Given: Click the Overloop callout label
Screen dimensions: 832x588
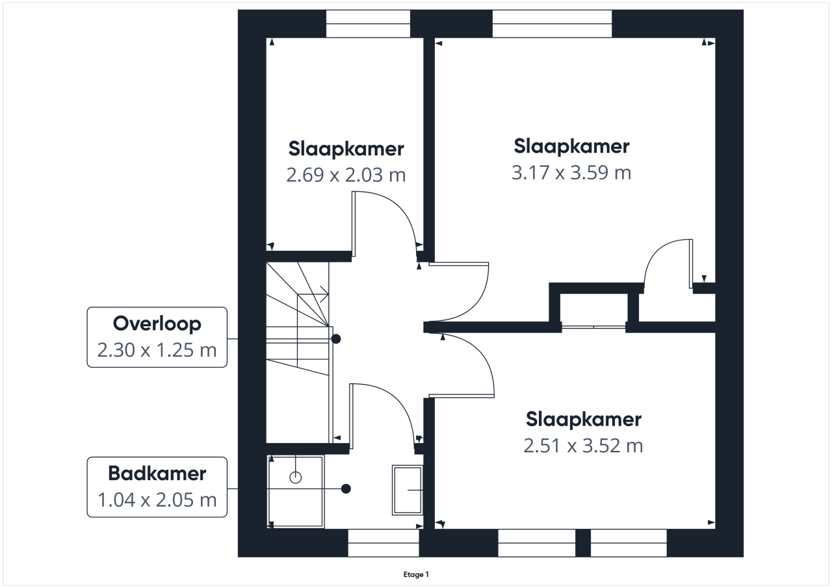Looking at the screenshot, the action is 157,337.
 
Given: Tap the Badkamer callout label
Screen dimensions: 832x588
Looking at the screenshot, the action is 157,487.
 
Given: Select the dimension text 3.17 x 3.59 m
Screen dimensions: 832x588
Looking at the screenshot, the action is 571,173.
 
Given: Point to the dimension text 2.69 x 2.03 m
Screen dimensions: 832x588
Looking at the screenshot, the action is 346,175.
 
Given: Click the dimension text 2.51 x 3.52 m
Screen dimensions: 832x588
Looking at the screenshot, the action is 583,446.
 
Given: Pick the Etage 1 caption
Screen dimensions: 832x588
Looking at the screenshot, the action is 416,574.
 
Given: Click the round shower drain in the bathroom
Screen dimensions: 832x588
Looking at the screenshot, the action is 295,478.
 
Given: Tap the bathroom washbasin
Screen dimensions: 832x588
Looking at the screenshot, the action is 408,490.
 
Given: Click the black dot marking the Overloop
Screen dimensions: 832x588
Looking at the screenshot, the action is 336,339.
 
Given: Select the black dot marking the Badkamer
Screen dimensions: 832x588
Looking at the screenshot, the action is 346,489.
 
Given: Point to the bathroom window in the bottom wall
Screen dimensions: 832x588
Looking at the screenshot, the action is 383,543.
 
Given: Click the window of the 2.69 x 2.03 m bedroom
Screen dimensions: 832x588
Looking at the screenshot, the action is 368,24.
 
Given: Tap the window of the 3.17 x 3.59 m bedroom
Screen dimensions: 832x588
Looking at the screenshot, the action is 552,24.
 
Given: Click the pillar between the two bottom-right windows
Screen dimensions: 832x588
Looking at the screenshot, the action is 583,543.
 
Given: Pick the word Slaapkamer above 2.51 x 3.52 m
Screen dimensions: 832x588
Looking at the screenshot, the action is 584,420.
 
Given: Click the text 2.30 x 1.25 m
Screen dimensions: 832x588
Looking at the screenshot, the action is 157,350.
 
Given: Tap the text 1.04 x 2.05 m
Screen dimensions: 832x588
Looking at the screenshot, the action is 157,500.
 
